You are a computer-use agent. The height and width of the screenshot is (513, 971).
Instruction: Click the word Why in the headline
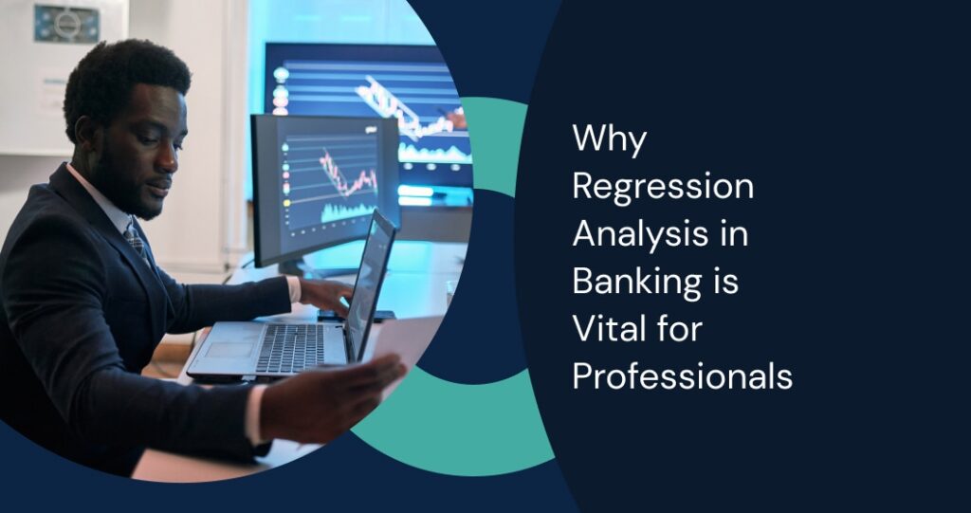click(x=610, y=140)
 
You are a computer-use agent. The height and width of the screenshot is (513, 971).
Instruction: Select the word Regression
click(x=663, y=188)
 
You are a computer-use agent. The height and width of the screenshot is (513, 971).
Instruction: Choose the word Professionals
click(x=682, y=376)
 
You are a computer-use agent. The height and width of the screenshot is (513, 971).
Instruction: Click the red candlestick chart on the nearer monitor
click(x=347, y=175)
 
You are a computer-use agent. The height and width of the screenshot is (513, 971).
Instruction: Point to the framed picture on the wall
click(x=65, y=23)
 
